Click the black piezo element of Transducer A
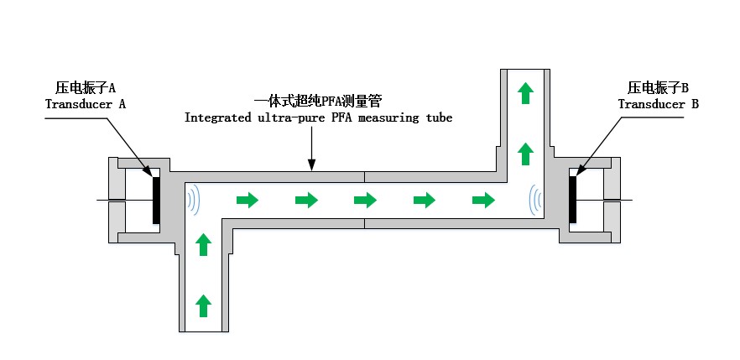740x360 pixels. point(156,200)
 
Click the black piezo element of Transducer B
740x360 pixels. point(573,200)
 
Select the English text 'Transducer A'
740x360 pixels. point(86,104)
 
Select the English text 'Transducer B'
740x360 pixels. point(659,104)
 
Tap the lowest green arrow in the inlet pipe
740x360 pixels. point(202,305)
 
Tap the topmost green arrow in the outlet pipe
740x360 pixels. point(525,92)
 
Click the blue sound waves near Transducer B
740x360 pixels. point(534,200)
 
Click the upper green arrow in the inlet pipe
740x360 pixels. point(202,244)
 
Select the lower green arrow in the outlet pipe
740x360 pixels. point(525,154)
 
